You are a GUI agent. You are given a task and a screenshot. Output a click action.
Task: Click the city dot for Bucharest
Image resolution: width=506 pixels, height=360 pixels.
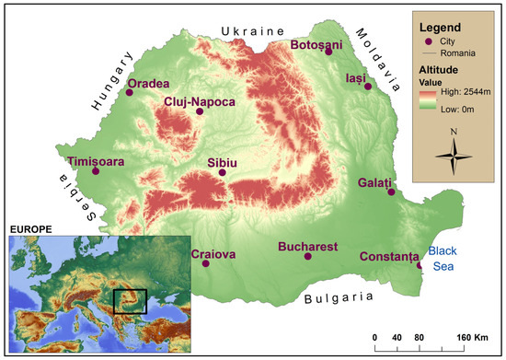click(308, 256)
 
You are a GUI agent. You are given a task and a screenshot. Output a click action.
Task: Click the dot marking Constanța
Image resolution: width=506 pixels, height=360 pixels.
click(420, 266)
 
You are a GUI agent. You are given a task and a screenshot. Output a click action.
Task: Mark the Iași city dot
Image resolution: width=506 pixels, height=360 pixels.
click(368, 87)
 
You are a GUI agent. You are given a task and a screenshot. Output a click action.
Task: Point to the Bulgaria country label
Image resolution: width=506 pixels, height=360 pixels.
click(338, 297)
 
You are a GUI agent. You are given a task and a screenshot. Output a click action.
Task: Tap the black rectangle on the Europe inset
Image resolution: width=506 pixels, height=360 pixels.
click(130, 302)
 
